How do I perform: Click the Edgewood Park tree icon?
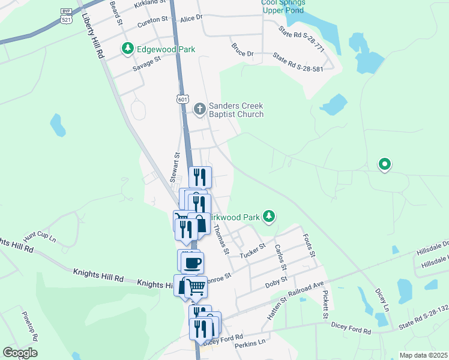[127, 49]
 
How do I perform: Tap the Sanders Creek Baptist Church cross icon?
[200, 109]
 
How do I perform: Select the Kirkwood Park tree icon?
[270, 216]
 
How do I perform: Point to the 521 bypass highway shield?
[67, 16]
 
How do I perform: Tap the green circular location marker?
[384, 164]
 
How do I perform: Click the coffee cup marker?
[192, 263]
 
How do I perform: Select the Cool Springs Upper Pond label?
[283, 7]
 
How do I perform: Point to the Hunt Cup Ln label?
[40, 238]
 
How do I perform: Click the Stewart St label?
[175, 167]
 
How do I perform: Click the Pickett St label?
[325, 305]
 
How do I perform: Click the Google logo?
[20, 353]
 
